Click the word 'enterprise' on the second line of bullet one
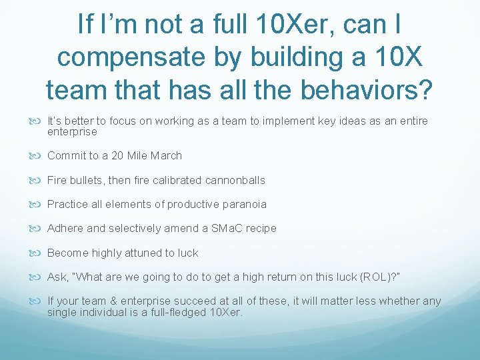point(72,132)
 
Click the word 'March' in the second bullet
point(166,155)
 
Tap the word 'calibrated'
point(176,180)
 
